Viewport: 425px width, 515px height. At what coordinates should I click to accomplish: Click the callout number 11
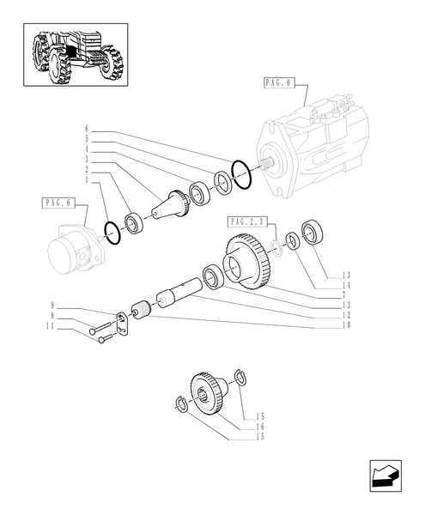click(x=52, y=327)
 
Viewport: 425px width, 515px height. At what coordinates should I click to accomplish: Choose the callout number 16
click(x=259, y=427)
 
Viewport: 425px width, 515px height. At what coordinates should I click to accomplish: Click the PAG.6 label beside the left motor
click(x=58, y=203)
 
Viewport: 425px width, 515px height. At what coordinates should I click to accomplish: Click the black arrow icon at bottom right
click(x=383, y=476)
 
